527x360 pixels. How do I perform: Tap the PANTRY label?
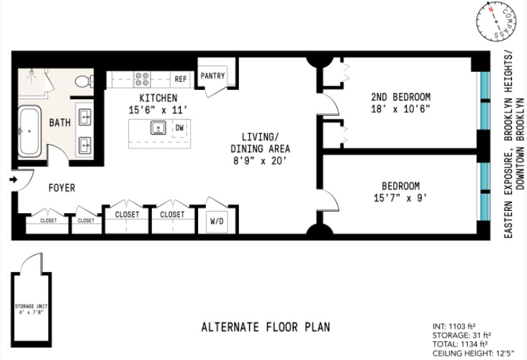[213, 76]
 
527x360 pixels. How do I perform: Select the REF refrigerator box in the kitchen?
[180, 79]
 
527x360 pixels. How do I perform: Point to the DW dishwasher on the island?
[179, 128]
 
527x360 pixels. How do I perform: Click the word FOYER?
[61, 188]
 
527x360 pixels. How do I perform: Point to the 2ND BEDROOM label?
[400, 97]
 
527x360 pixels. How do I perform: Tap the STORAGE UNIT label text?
[30, 310]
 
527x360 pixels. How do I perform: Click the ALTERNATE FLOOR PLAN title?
[265, 326]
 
